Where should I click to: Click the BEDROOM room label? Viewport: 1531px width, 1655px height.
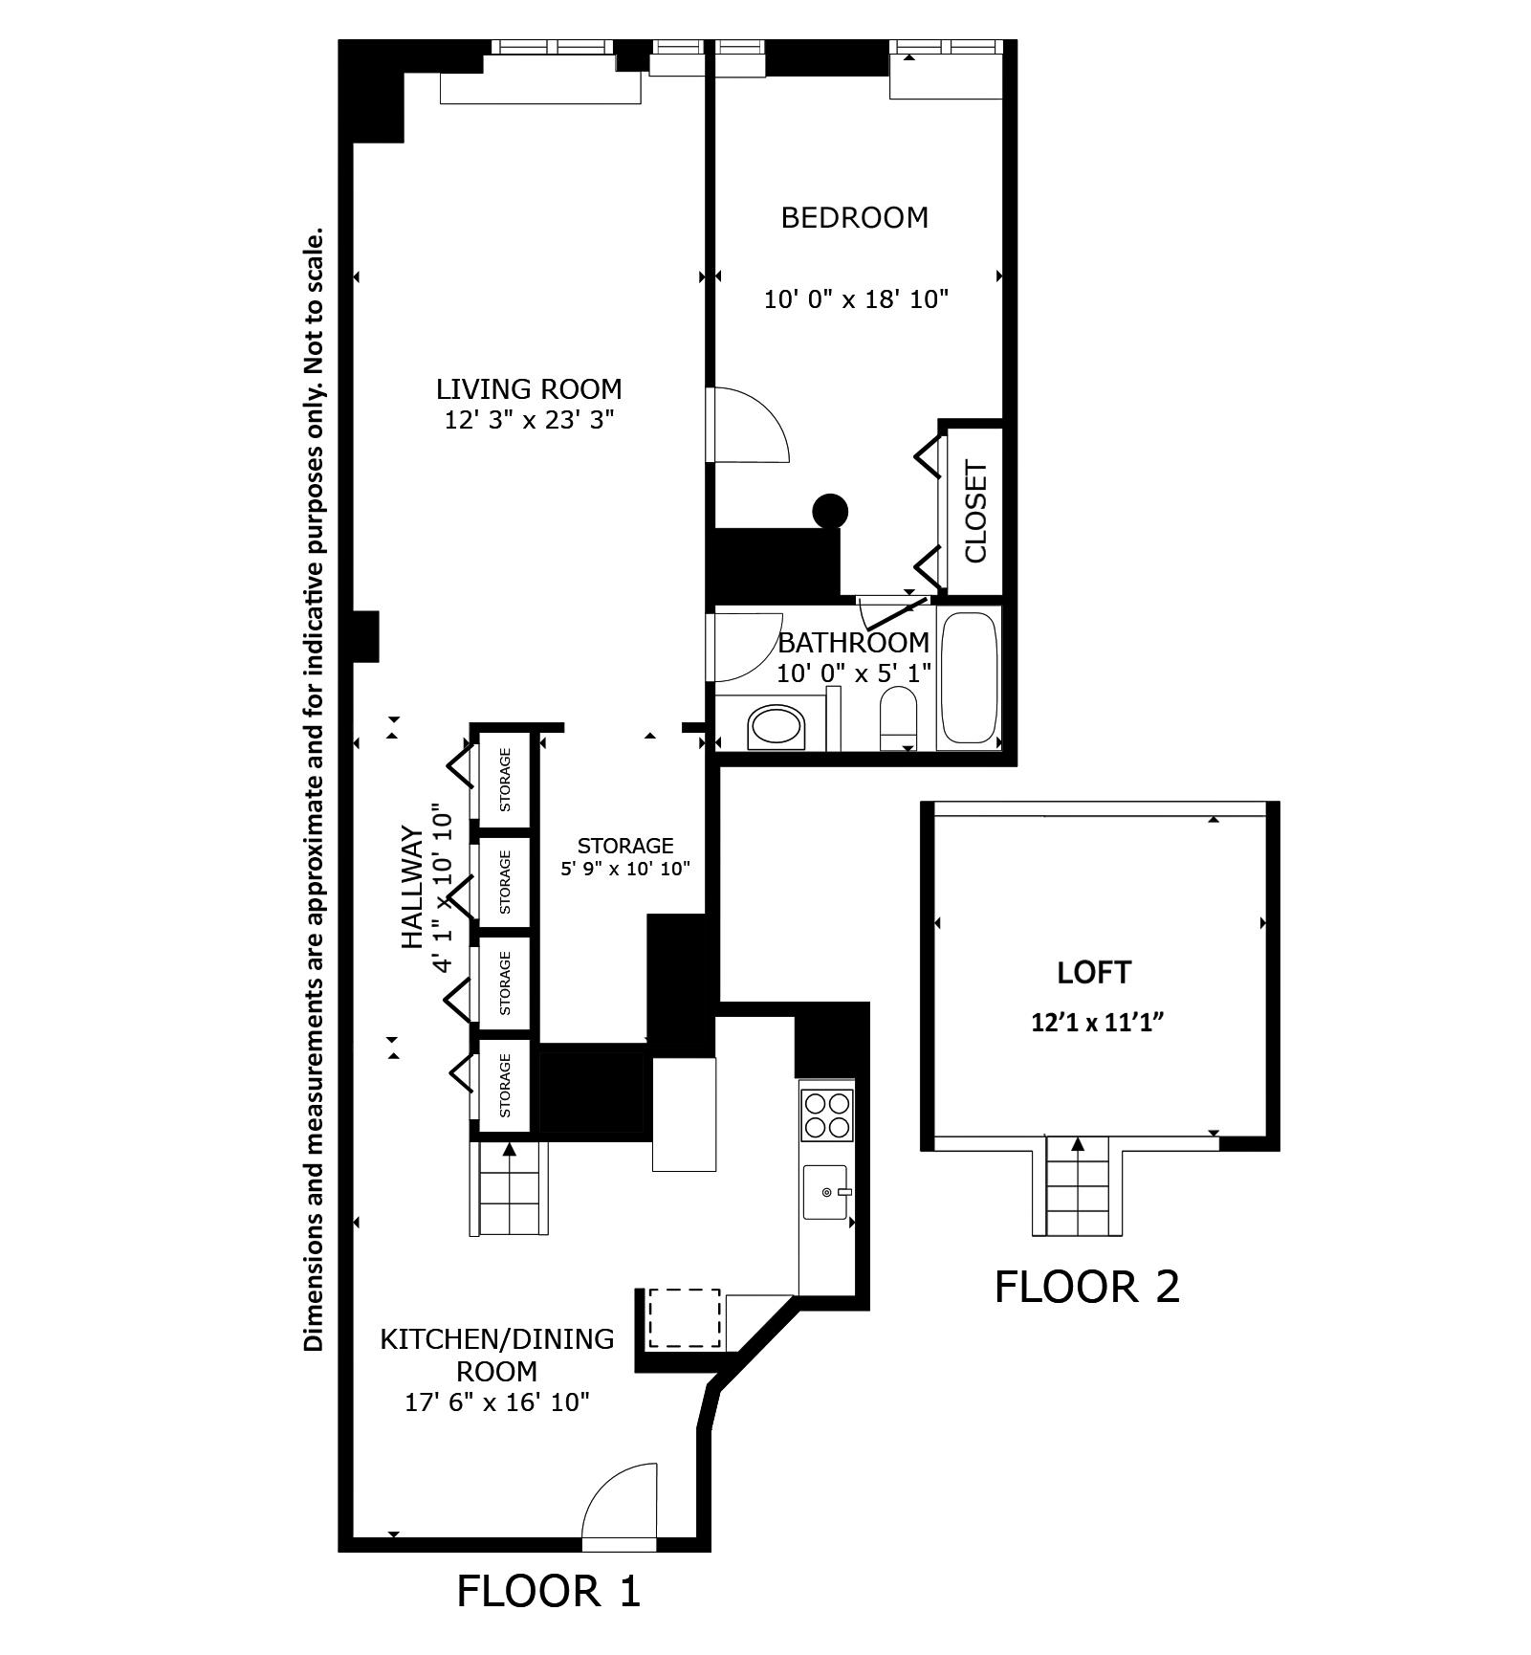tap(854, 218)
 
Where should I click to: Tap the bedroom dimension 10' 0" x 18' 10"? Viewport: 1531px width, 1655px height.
tap(855, 299)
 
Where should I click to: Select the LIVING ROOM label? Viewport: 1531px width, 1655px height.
tap(529, 389)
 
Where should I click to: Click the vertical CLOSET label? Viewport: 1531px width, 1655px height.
tap(975, 512)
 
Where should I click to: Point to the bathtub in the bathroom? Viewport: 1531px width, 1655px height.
tap(970, 677)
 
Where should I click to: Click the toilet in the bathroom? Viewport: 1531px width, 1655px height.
tap(897, 717)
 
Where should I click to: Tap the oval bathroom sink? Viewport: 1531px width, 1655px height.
tap(777, 728)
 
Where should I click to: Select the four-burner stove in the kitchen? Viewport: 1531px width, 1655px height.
tap(827, 1114)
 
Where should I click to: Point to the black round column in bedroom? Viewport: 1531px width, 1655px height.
tap(830, 511)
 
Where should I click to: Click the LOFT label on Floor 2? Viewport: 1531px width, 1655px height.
tap(1094, 973)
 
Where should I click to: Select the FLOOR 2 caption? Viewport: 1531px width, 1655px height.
tap(1087, 1287)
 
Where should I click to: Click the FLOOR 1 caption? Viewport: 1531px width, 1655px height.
tap(548, 1591)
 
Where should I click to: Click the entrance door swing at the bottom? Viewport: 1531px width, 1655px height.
tap(620, 1504)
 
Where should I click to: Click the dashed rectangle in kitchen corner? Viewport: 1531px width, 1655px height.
tap(685, 1318)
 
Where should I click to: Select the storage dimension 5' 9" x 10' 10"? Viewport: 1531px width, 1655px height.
tap(624, 870)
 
